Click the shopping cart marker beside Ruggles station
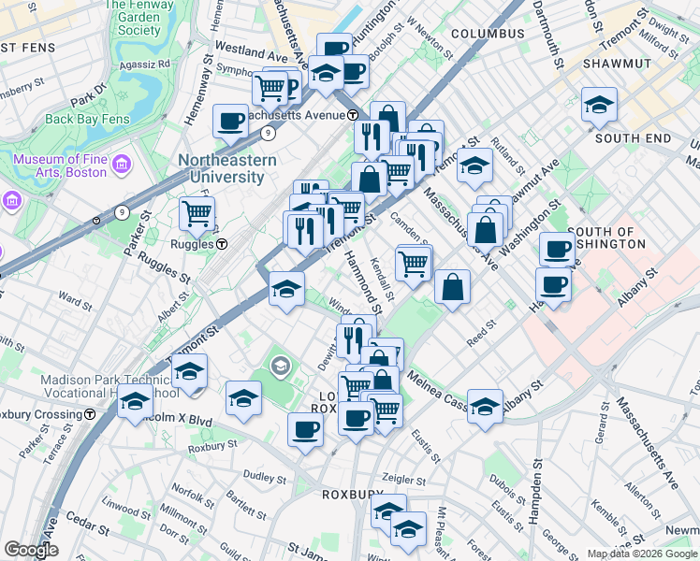tap(197, 214)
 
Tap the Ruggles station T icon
tap(222, 245)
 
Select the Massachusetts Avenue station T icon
tap(353, 115)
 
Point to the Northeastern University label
tap(227, 168)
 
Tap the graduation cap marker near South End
tap(599, 105)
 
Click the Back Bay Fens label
tap(86, 119)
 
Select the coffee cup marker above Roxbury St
tap(305, 430)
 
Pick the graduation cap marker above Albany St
tap(485, 407)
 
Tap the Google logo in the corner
tap(30, 550)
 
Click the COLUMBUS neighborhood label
tap(488, 34)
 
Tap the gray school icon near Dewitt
tap(280, 366)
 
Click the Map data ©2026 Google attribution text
tap(642, 554)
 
